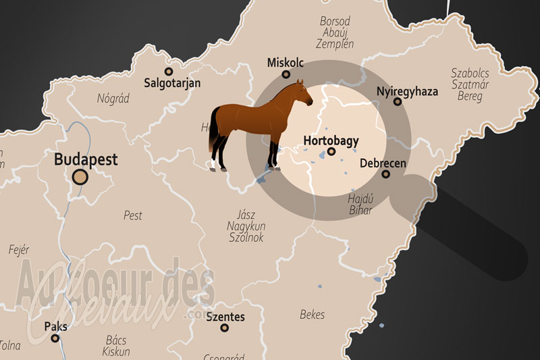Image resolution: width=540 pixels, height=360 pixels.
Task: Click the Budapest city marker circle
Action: click(x=80, y=178)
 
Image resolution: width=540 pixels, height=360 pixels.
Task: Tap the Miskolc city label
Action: click(x=286, y=62)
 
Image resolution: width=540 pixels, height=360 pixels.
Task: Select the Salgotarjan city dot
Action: click(x=169, y=71)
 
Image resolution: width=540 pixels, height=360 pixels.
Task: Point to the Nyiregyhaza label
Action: click(x=407, y=90)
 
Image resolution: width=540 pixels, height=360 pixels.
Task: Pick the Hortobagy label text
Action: click(x=331, y=141)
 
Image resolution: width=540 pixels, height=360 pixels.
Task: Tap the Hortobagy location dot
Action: click(x=331, y=153)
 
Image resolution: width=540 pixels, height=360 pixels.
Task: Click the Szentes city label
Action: click(x=225, y=316)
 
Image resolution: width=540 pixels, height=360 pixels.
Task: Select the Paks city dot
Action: click(x=55, y=339)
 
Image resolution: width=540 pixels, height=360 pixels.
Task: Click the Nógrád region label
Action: click(x=113, y=99)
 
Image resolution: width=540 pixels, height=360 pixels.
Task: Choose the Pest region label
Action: click(x=133, y=215)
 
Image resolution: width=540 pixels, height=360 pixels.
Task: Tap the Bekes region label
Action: click(x=312, y=315)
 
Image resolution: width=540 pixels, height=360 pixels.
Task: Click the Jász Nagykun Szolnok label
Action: click(x=246, y=226)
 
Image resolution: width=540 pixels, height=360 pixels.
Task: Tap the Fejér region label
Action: click(x=19, y=249)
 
